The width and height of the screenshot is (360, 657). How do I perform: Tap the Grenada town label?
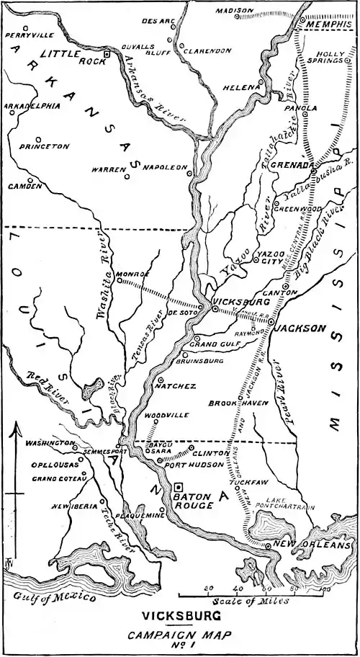pos(293,164)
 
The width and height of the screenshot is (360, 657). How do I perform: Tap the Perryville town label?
pos(29,34)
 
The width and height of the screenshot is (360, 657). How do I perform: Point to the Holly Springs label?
pos(331,57)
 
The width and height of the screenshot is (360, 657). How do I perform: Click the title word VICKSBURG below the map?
pos(180,617)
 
